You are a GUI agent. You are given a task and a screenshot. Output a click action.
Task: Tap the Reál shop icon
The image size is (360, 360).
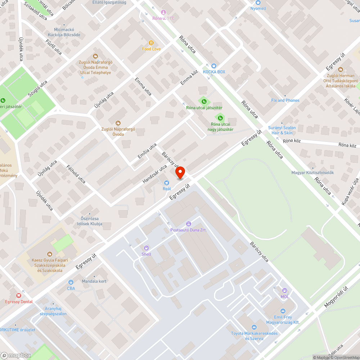[166, 183]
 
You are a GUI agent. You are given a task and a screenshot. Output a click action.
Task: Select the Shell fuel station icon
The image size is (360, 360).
[146, 248]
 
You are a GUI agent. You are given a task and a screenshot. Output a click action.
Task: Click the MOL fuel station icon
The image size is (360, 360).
[285, 291]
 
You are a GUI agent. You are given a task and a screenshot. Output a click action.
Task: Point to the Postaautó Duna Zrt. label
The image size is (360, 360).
[188, 230]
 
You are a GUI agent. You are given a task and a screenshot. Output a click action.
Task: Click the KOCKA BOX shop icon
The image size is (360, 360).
[214, 66]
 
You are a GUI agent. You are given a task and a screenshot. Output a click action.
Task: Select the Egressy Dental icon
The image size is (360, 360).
[19, 295]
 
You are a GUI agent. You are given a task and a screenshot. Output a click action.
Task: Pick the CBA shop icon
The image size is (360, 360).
[71, 282]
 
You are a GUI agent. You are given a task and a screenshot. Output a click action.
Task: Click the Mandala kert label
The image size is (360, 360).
[94, 281]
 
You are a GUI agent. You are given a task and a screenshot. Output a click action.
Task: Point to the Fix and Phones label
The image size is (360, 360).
[285, 100]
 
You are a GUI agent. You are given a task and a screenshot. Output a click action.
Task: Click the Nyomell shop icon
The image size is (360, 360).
[258, 2]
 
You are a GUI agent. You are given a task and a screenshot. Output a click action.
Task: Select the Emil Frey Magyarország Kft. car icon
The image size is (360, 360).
[283, 311]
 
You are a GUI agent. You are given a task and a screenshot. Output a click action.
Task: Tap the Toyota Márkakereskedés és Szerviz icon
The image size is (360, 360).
[254, 327]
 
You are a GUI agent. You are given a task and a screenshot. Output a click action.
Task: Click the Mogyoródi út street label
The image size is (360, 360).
[336, 297]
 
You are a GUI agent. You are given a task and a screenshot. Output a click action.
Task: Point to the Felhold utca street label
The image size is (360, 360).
[76, 174]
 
